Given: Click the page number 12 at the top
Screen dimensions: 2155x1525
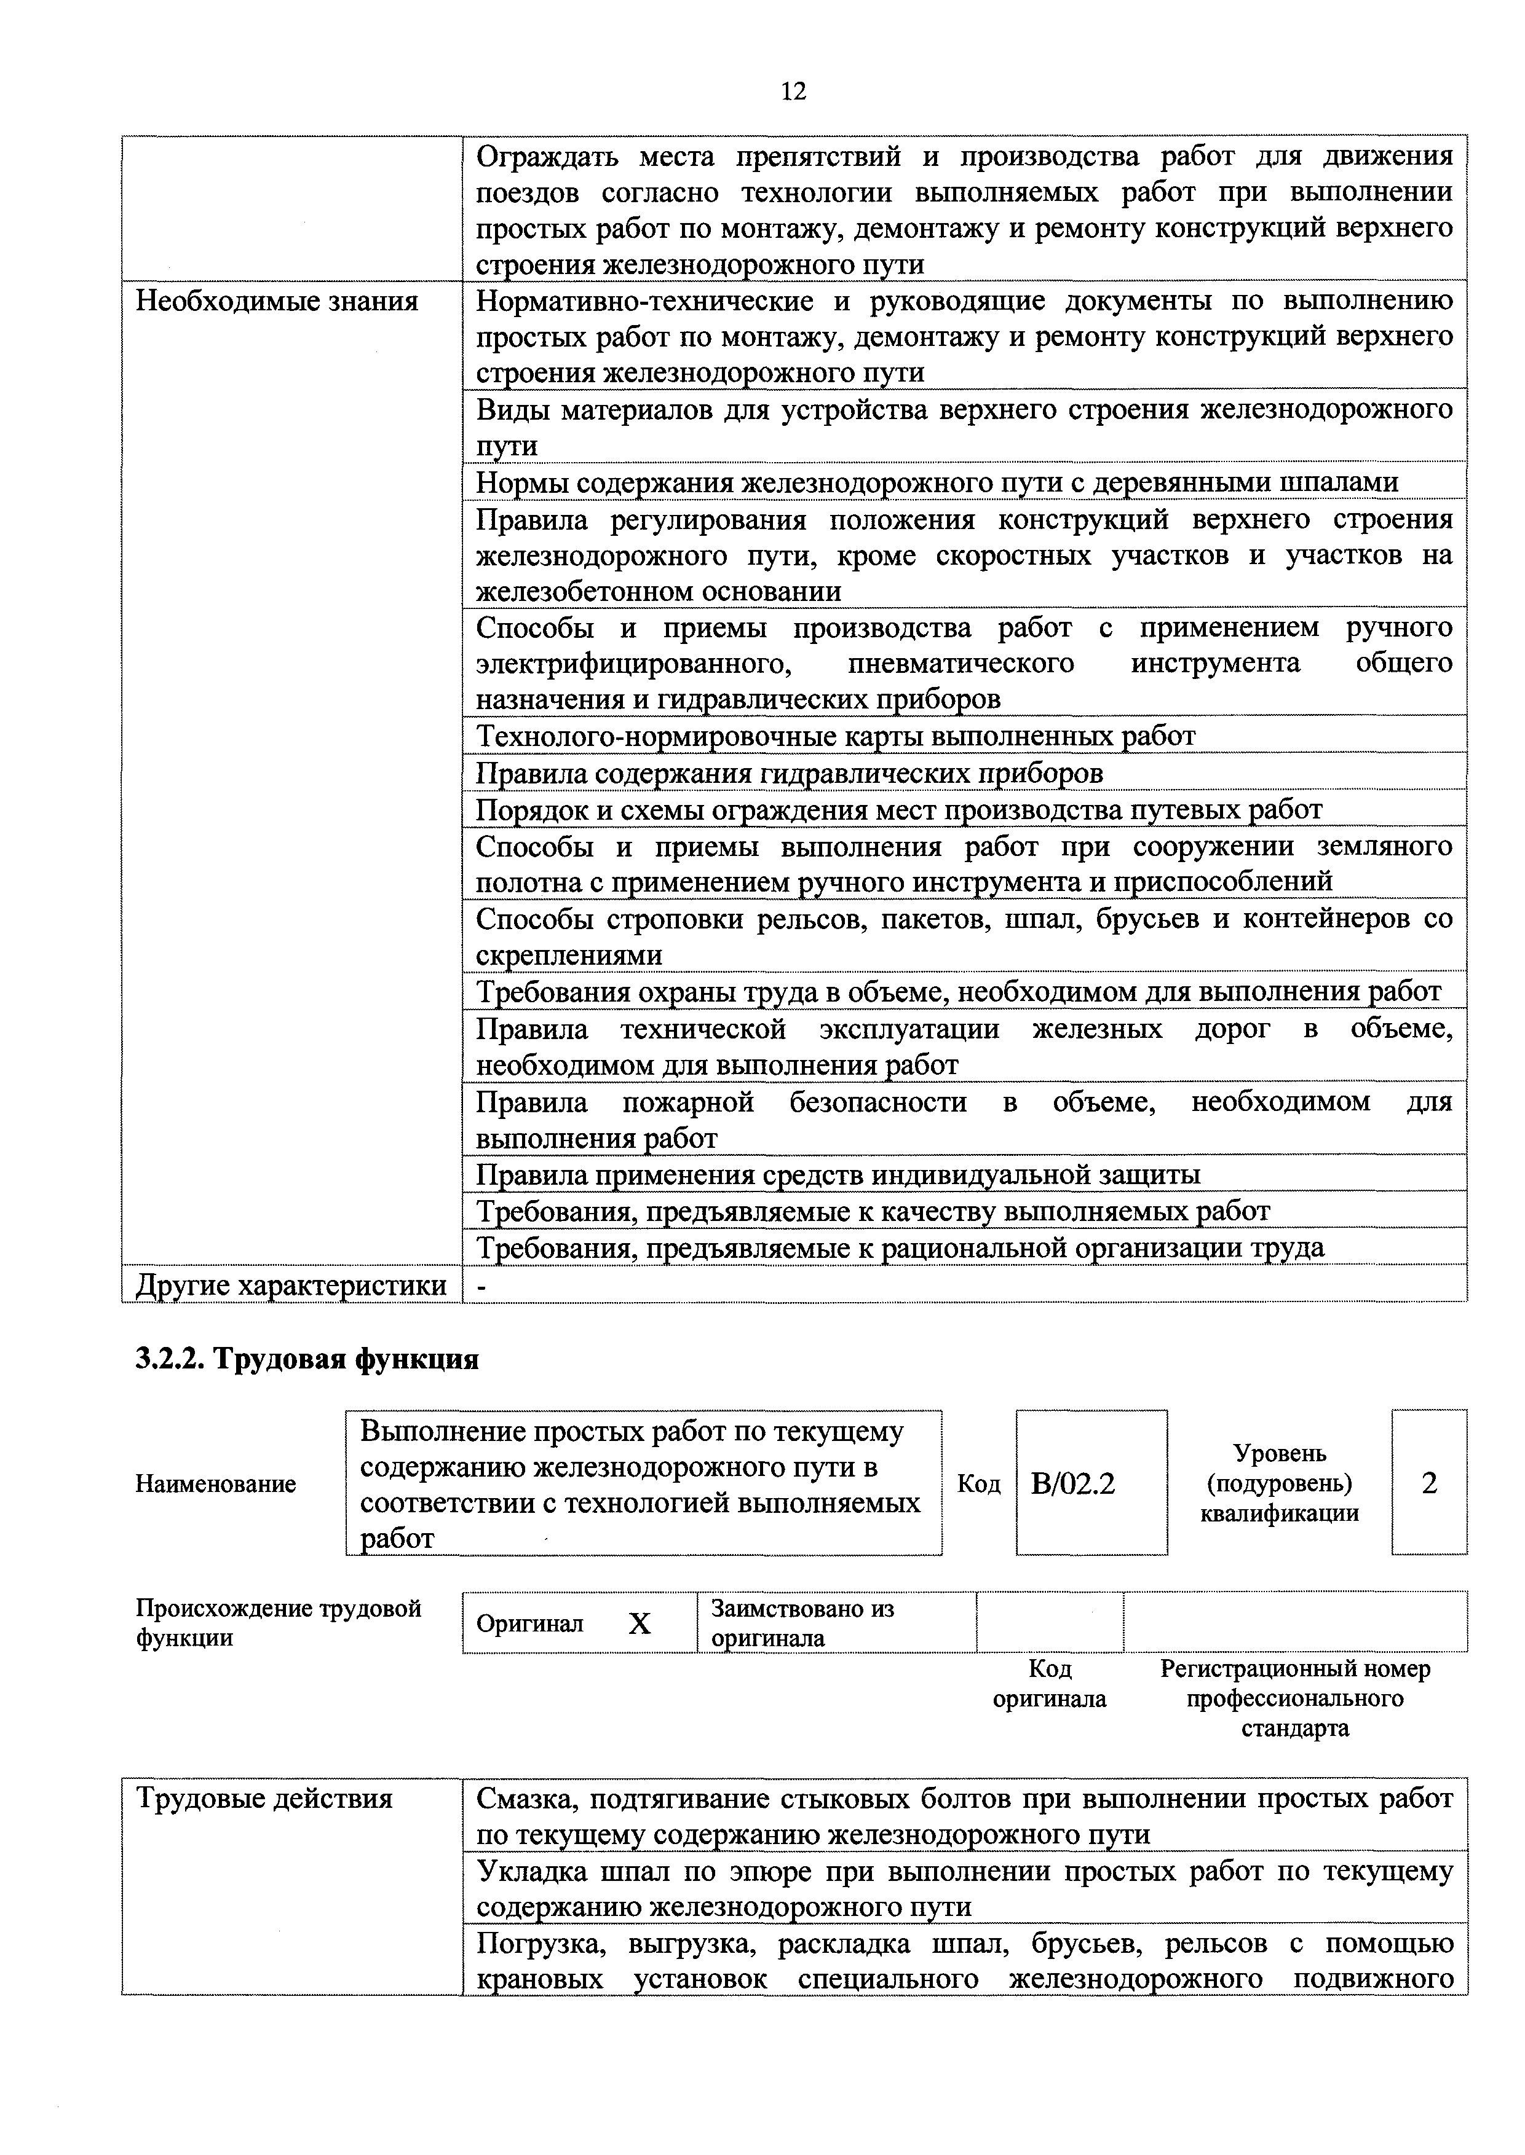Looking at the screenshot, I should [x=793, y=91].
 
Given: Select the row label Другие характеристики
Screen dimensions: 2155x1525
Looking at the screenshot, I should [x=291, y=1285].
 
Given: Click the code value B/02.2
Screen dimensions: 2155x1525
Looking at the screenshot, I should [x=1072, y=1484].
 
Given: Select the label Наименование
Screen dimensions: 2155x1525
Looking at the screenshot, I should [x=216, y=1484].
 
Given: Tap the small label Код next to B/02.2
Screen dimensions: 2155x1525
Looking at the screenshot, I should [x=978, y=1484].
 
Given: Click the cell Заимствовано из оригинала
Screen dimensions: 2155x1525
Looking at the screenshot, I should [x=803, y=1623].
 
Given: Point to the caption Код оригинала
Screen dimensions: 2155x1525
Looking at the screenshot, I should [x=1050, y=1684].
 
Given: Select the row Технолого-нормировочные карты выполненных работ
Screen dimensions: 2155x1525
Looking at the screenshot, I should [x=836, y=736].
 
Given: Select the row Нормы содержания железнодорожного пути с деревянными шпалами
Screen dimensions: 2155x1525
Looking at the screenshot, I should [x=937, y=482].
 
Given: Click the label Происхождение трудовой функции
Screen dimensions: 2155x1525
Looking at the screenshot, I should [x=278, y=1623].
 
